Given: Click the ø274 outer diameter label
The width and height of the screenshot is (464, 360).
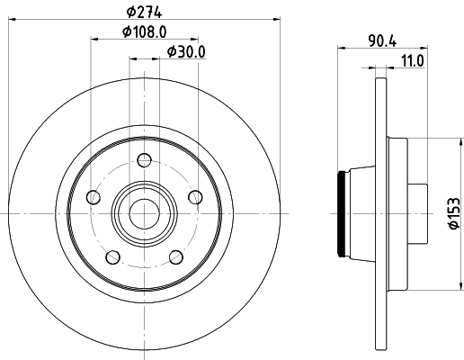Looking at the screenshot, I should pos(145,12).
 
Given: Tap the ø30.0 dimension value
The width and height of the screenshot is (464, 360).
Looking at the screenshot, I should pos(187,51).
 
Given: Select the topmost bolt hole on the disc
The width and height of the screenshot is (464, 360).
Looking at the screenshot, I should pos(142,162).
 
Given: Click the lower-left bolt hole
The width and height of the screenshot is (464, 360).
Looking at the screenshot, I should pos(112,257).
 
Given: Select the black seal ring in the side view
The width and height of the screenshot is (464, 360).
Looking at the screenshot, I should pos(341,213).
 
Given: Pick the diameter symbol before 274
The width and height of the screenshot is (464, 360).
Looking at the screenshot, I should pos(130,12).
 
